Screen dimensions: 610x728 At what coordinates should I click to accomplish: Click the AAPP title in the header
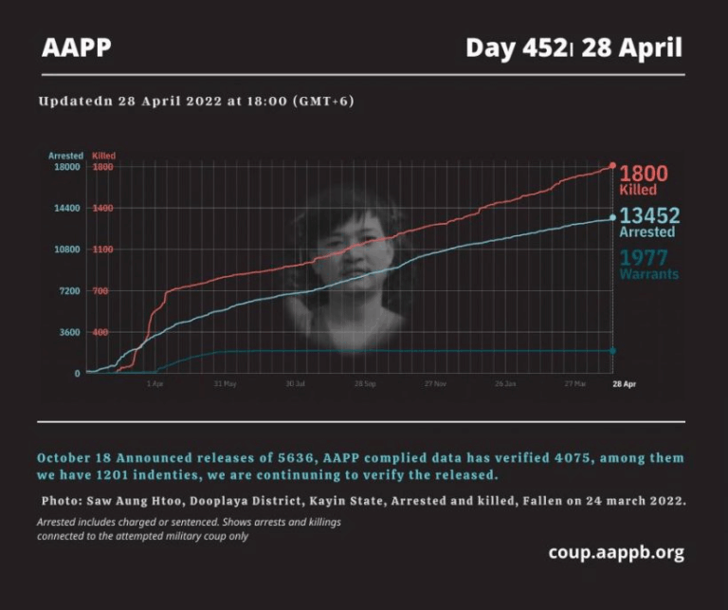click(x=77, y=47)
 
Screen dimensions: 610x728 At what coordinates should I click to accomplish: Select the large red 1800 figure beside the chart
click(x=644, y=173)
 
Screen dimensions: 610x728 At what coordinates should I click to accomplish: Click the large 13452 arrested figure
click(x=649, y=215)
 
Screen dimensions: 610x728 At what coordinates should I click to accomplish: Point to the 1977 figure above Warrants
click(x=644, y=258)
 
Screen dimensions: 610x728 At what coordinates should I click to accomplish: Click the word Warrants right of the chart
click(x=648, y=274)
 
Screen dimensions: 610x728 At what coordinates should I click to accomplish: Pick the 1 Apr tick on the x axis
click(x=155, y=384)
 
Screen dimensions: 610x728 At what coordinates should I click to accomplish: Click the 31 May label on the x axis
click(x=225, y=384)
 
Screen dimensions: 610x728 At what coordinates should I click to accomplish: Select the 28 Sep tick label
click(x=365, y=384)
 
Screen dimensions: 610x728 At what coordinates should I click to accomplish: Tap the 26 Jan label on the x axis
click(x=505, y=384)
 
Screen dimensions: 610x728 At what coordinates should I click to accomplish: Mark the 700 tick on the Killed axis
click(x=100, y=290)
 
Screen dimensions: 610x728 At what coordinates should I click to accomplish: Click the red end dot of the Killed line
click(x=612, y=166)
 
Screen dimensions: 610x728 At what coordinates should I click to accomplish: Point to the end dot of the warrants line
click(x=612, y=351)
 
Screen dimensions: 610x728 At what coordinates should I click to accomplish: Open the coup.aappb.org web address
click(x=615, y=552)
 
